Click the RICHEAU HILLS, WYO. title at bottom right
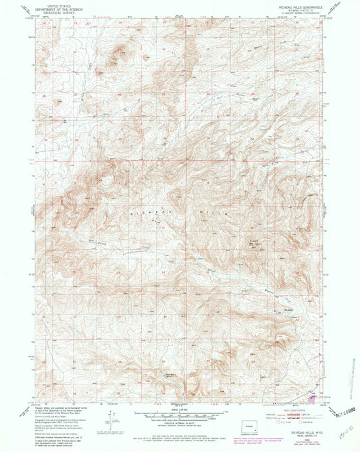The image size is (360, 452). coord(301,428)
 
